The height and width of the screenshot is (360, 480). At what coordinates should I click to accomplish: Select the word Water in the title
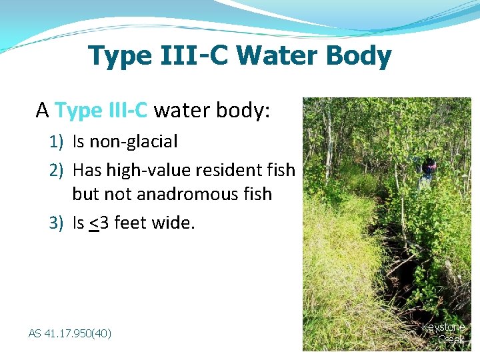277,57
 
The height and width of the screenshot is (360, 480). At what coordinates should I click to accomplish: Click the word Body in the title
358,57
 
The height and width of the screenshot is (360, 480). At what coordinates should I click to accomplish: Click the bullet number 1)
57,141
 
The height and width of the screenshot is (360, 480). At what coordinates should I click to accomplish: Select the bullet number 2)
57,170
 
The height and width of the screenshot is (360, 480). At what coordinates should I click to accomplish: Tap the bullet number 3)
57,223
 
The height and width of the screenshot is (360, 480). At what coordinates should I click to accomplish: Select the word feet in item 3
129,223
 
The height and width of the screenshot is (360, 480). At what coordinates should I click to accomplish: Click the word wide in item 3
171,223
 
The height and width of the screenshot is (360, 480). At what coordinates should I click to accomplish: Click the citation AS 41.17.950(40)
70,333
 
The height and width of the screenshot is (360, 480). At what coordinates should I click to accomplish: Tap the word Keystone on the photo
443,327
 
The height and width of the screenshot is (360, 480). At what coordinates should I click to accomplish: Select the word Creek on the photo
451,339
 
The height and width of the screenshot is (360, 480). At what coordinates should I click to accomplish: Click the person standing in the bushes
426,173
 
